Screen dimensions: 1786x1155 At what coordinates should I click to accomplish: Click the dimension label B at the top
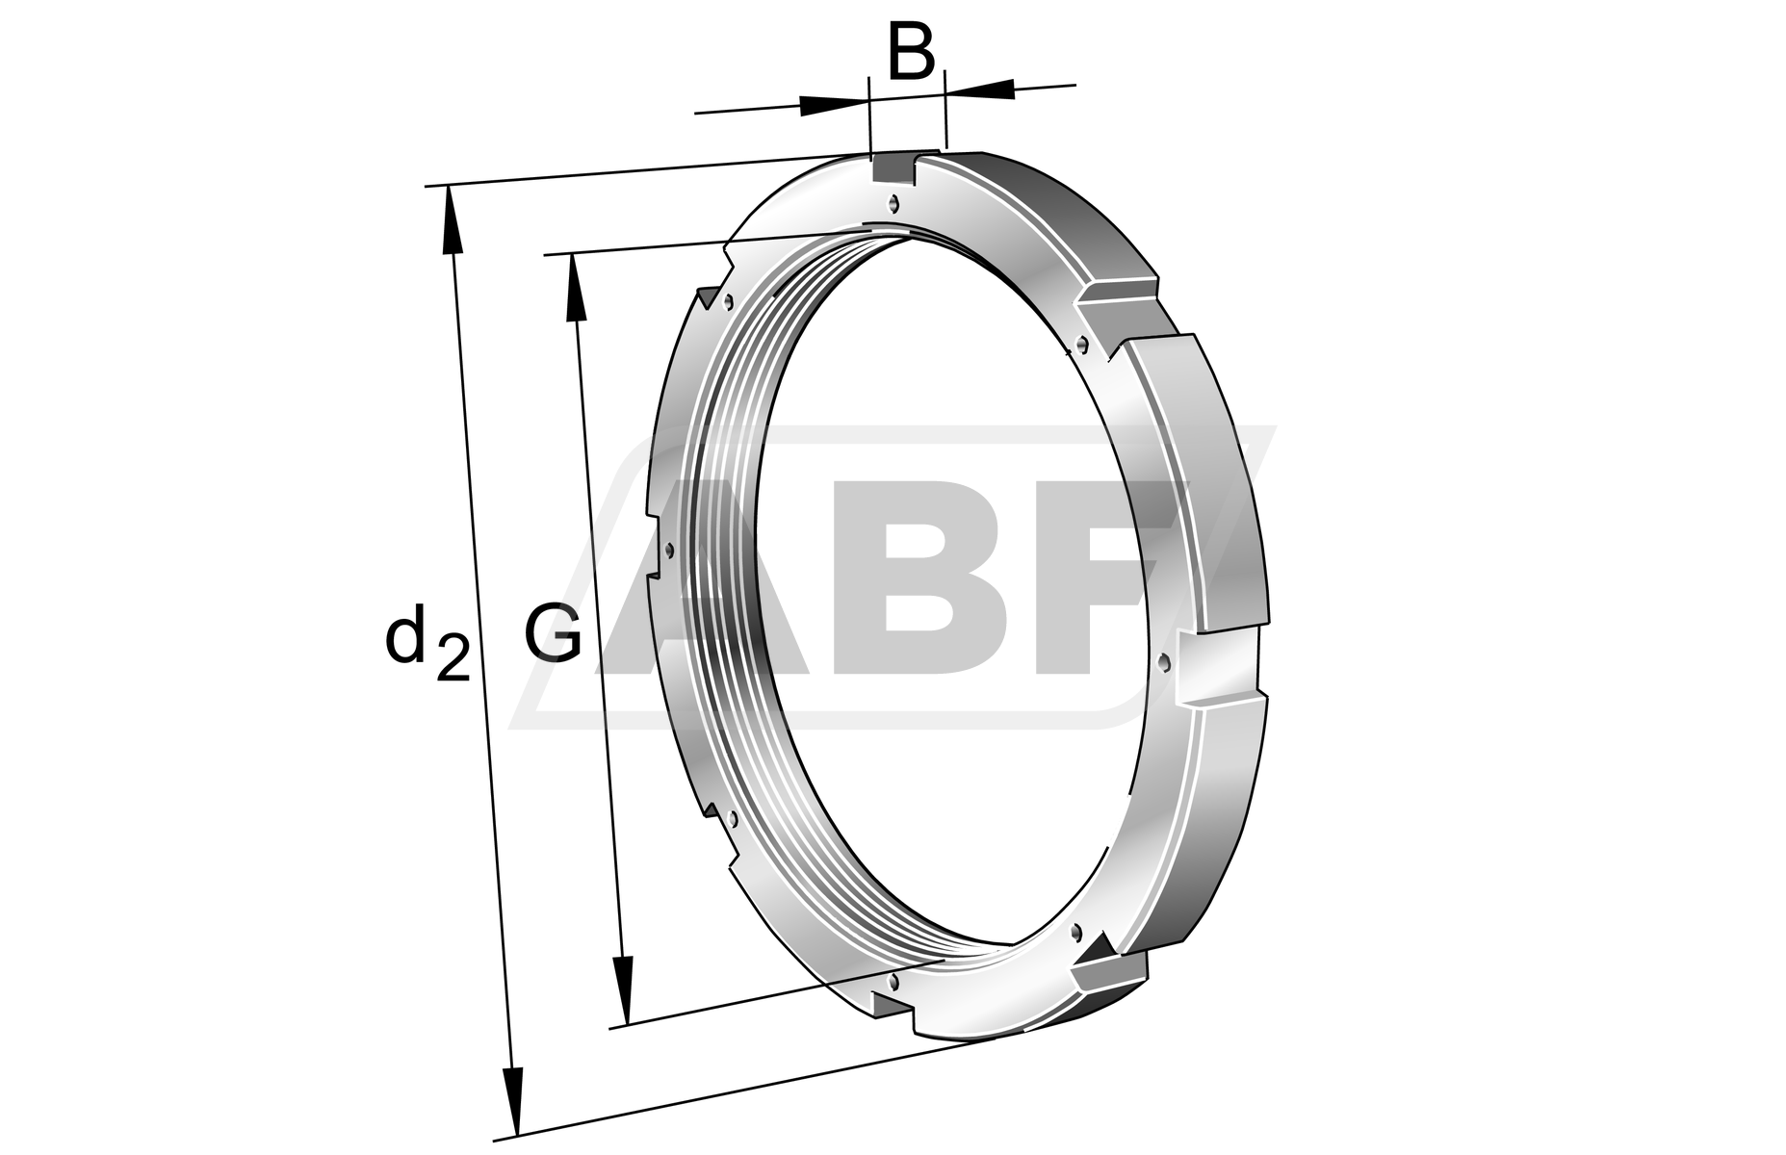(x=910, y=55)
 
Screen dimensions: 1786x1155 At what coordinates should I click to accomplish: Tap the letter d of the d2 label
(x=404, y=635)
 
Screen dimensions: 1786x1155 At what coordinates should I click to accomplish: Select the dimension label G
(x=554, y=634)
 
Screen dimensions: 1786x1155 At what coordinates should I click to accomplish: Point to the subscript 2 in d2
(x=453, y=658)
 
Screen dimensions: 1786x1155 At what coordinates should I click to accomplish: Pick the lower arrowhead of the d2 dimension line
(x=514, y=1102)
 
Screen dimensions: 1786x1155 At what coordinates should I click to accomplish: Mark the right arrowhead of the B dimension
(x=980, y=89)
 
